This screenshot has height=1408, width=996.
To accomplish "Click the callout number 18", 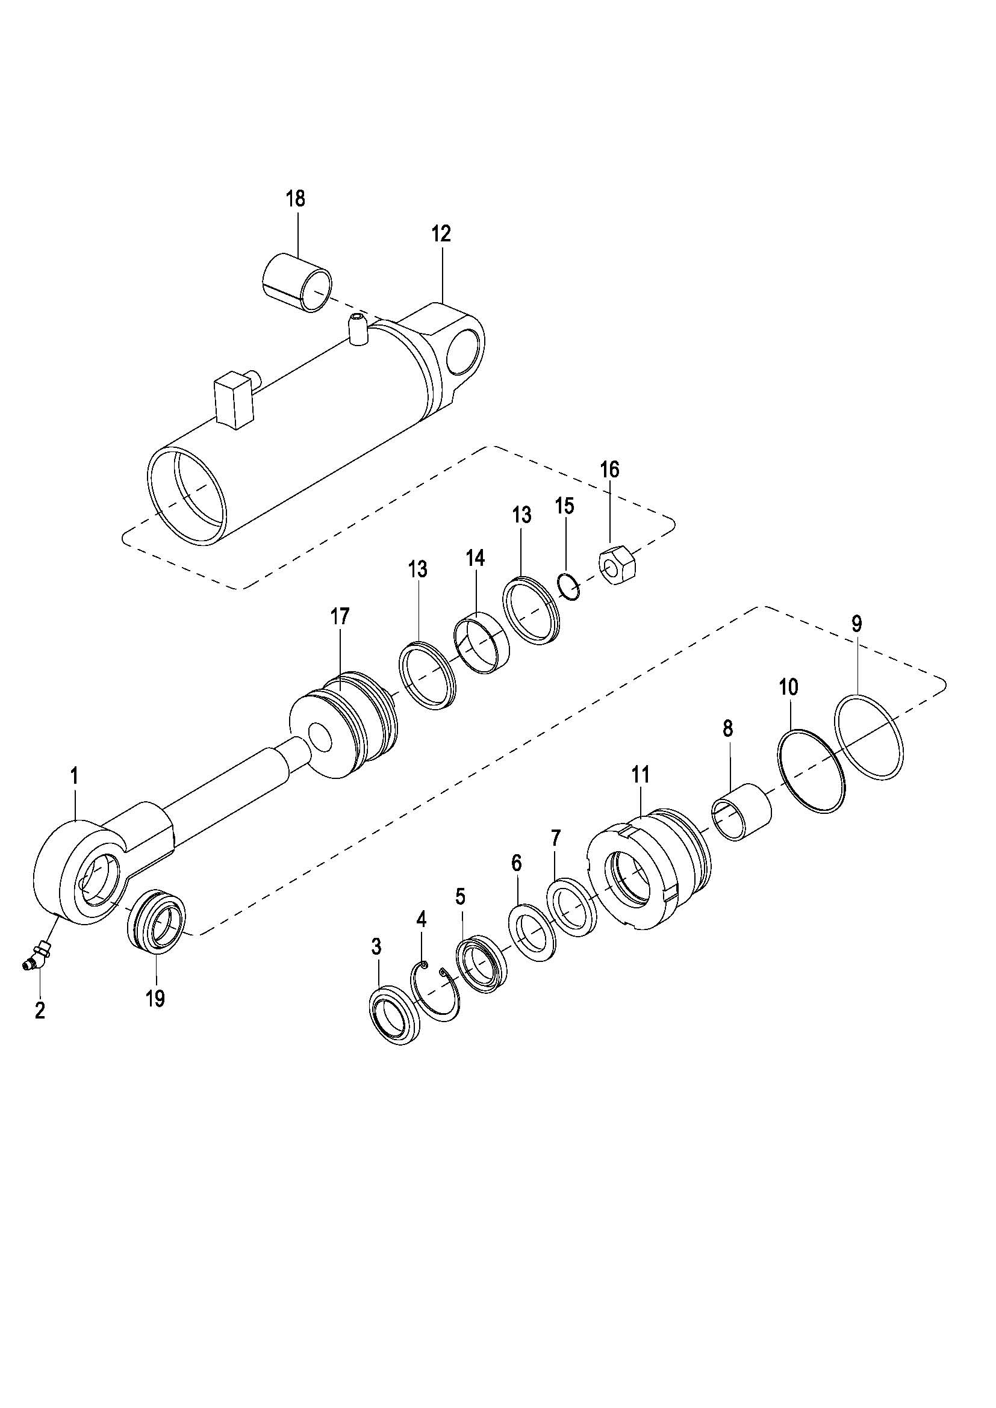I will click(296, 200).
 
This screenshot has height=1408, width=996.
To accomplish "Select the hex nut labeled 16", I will click(618, 565).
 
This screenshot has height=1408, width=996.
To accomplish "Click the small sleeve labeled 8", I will click(741, 813).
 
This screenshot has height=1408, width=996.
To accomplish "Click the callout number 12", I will click(441, 234).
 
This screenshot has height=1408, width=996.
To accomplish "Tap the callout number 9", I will click(856, 624).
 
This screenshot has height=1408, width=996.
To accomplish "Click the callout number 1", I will click(74, 776).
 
